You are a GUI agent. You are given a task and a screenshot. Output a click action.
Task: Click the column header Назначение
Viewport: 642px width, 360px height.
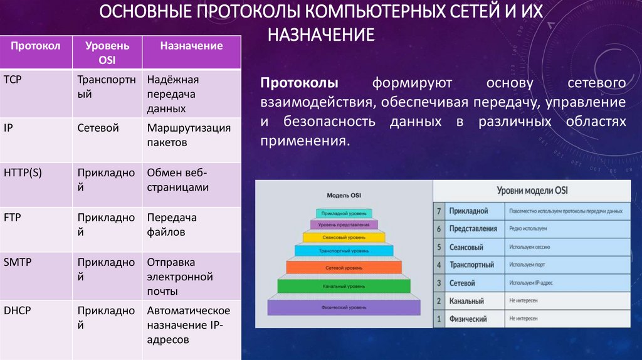191,46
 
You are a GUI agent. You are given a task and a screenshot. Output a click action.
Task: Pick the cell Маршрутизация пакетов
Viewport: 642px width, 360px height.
189,135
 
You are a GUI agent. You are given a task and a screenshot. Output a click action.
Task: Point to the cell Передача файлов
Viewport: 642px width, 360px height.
172,225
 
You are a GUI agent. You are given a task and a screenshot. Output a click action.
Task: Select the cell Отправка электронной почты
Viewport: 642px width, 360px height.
180,277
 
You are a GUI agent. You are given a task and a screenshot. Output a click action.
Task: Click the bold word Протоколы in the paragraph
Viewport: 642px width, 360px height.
300,83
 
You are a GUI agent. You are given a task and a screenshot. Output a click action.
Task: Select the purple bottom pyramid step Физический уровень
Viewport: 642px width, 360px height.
344,308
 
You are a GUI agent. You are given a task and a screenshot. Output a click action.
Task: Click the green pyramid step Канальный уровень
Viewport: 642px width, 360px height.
344,286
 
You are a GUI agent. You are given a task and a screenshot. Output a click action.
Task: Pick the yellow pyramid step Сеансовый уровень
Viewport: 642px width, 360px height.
344,238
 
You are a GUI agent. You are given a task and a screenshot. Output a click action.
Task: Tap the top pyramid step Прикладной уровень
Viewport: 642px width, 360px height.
344,213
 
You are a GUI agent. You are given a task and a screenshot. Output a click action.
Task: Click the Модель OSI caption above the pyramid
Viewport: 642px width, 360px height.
343,196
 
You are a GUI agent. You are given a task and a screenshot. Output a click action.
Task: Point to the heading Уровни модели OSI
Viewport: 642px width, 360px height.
532,191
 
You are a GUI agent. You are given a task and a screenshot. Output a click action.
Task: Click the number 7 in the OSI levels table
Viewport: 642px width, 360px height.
439,211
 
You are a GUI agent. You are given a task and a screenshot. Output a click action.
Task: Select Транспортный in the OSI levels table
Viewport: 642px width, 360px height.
471,265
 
